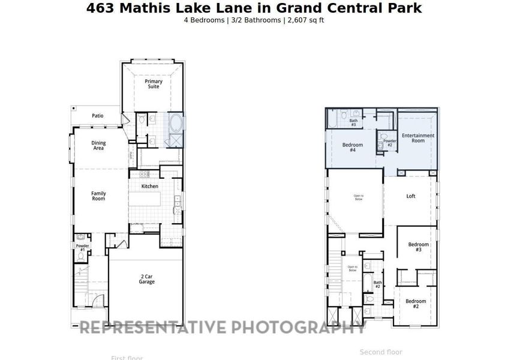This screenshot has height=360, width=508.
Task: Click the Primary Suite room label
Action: tap(154, 84)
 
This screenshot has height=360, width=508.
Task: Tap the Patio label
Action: tap(97, 116)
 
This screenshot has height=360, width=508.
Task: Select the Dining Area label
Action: tap(98, 145)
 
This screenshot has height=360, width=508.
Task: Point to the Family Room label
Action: tap(98, 196)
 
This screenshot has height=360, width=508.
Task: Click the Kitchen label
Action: tap(150, 186)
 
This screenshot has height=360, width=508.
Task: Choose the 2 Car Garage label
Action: tap(146, 279)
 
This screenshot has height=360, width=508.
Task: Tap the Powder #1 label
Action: tap(82, 247)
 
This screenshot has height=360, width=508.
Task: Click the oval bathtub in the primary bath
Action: tap(176, 124)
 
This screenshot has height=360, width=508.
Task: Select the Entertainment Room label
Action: tap(417, 138)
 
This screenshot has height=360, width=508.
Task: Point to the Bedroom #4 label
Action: tap(353, 147)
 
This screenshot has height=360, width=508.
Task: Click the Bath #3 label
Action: tap(354, 122)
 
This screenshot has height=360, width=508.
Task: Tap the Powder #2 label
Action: tap(389, 143)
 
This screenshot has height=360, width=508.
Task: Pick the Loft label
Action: tap(411, 196)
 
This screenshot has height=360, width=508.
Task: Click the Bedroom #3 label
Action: tap(419, 246)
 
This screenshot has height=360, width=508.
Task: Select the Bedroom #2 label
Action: tap(415, 303)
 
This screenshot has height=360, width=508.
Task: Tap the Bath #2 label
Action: tap(378, 284)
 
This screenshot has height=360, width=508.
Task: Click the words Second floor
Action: tap(381, 352)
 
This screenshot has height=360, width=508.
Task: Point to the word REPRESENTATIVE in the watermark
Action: tap(154, 327)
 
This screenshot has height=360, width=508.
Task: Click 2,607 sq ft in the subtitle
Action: tap(306, 20)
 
